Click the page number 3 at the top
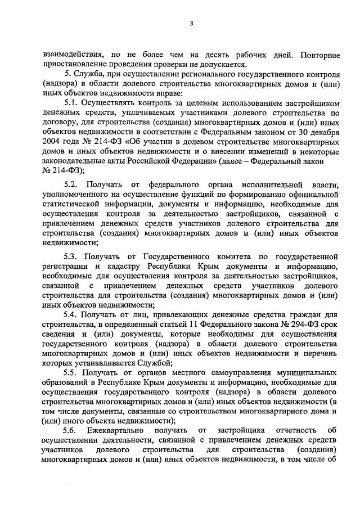(x=191, y=23)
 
